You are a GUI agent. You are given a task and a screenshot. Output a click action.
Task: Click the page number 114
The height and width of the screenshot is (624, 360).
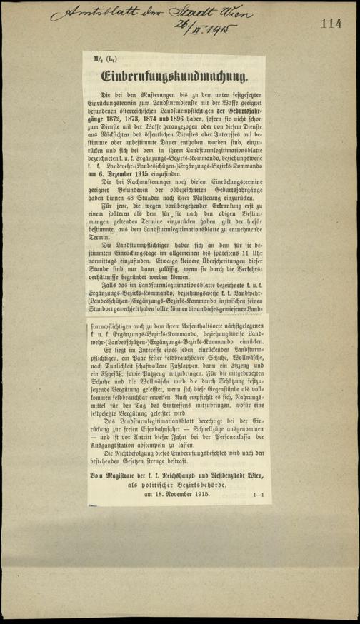click(x=331, y=24)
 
